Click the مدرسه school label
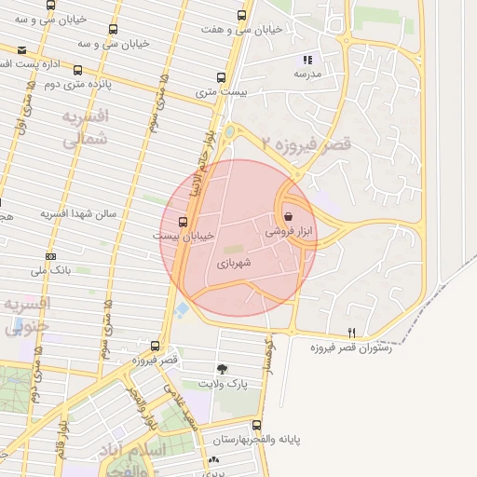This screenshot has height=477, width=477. click(307, 73)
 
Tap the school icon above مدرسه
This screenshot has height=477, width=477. click(307, 60)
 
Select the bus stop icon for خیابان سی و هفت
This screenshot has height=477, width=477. click(243, 15)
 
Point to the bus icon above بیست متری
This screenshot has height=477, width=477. click(221, 77)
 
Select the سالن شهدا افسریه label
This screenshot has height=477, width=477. click(78, 213)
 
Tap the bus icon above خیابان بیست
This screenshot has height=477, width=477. click(182, 221)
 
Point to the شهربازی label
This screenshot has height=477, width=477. click(235, 265)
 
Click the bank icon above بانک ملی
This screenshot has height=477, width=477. click(50, 256)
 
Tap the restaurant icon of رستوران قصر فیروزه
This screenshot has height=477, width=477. click(351, 333)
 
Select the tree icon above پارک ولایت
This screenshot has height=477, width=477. click(221, 369)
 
